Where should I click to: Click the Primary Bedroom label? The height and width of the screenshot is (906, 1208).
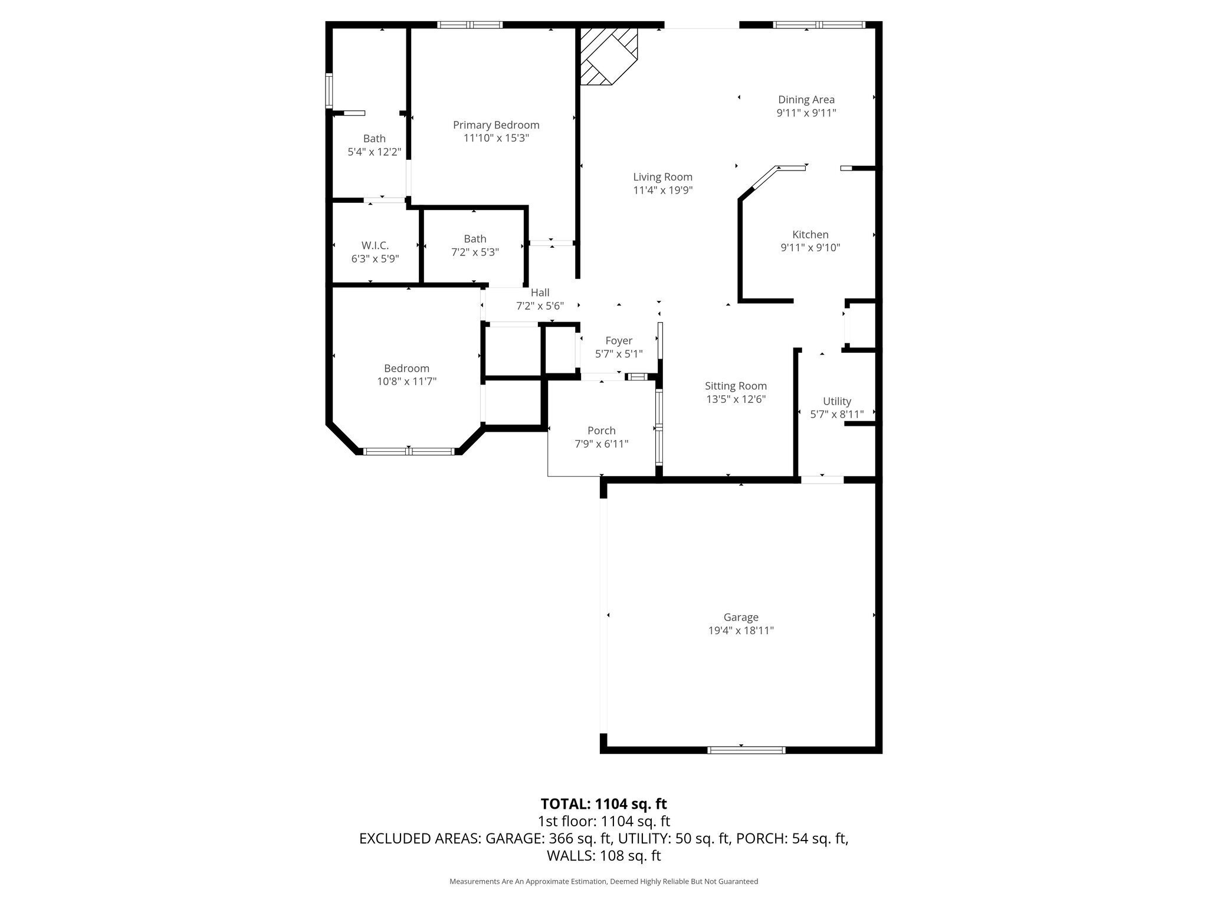(x=496, y=125)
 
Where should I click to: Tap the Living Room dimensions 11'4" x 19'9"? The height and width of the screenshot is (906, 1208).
(x=662, y=190)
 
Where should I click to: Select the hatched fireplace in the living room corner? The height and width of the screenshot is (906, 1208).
(x=609, y=56)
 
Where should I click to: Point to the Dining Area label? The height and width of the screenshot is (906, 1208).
(x=806, y=100)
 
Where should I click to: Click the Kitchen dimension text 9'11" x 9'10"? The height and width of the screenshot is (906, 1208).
(x=810, y=248)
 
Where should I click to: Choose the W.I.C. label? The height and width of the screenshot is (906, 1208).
(x=375, y=246)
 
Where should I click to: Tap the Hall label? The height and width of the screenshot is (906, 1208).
(x=540, y=293)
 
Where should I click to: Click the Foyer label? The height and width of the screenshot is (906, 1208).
(x=619, y=340)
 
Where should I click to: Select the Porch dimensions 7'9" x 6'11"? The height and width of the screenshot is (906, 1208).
(x=602, y=444)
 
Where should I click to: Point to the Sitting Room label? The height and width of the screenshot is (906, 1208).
(x=736, y=386)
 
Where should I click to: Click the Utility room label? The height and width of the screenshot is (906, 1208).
(x=837, y=401)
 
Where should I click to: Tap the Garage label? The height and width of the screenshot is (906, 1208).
(x=741, y=617)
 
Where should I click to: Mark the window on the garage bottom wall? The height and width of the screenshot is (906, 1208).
(x=746, y=750)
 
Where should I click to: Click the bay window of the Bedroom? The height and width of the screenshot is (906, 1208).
(x=409, y=451)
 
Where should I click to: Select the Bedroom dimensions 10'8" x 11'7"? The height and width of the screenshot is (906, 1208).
(x=407, y=382)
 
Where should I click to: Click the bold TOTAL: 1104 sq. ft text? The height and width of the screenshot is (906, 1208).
(x=604, y=803)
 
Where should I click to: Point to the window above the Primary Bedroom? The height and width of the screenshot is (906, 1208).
(x=470, y=25)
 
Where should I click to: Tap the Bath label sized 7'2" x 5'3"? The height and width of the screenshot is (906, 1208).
(x=475, y=238)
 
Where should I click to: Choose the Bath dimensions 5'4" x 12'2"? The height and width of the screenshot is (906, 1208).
(x=375, y=152)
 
